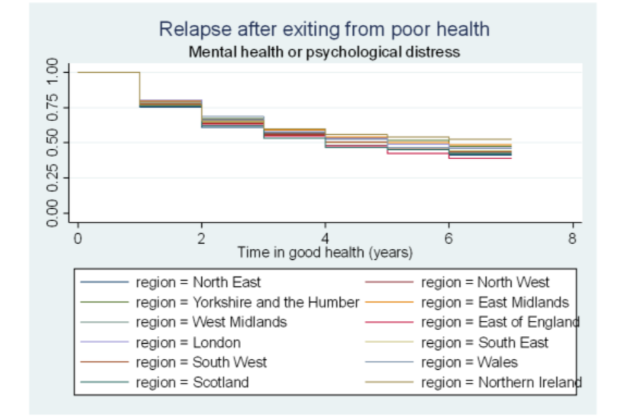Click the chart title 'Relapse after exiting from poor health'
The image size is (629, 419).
tap(324, 29)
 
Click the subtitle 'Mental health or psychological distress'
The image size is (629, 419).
tap(324, 52)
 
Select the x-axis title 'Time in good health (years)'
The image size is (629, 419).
tap(325, 252)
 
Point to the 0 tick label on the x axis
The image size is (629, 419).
tap(78, 239)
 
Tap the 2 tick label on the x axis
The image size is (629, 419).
tap(201, 239)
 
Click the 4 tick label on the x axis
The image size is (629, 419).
tap(325, 239)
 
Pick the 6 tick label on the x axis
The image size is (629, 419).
tap(449, 239)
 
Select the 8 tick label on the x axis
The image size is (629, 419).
tap(572, 239)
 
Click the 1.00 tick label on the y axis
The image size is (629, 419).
tap(52, 71)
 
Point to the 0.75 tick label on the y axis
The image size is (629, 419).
tap(52, 107)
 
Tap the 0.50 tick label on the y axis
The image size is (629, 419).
tap(52, 142)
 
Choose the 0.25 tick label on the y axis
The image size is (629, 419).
tap(52, 177)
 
